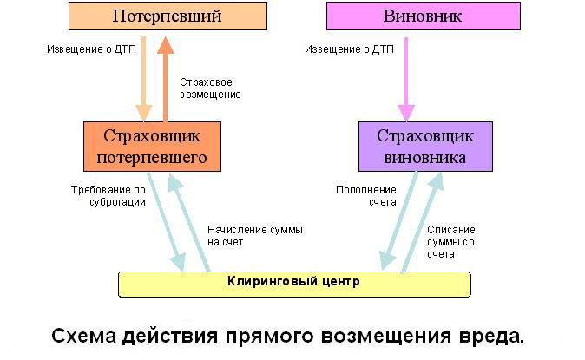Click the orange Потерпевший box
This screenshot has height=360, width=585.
coord(168,16)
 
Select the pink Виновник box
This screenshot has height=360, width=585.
coord(424,16)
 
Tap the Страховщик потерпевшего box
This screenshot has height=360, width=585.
coord(152,147)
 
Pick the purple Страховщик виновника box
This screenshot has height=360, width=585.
coord(425,147)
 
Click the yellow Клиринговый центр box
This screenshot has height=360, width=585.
coord(294,285)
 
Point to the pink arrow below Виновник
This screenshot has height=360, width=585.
coord(406,79)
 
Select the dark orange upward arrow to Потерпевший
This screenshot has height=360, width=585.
coord(165,79)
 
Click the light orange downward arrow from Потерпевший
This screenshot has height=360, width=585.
coord(143,79)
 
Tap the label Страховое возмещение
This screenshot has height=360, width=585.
coord(210,88)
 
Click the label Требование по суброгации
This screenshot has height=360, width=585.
coord(108,196)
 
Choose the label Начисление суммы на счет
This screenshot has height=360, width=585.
coord(255,236)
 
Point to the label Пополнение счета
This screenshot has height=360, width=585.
coord(366,196)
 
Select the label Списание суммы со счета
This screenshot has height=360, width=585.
coord(451,242)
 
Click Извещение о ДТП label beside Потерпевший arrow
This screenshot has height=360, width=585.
coord(91,49)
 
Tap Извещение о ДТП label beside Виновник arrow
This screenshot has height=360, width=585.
coord(349,49)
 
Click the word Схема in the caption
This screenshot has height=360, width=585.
coord(84,336)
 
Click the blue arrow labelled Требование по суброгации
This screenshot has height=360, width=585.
coord(166,222)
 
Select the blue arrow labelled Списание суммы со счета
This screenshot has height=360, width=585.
coord(423,223)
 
